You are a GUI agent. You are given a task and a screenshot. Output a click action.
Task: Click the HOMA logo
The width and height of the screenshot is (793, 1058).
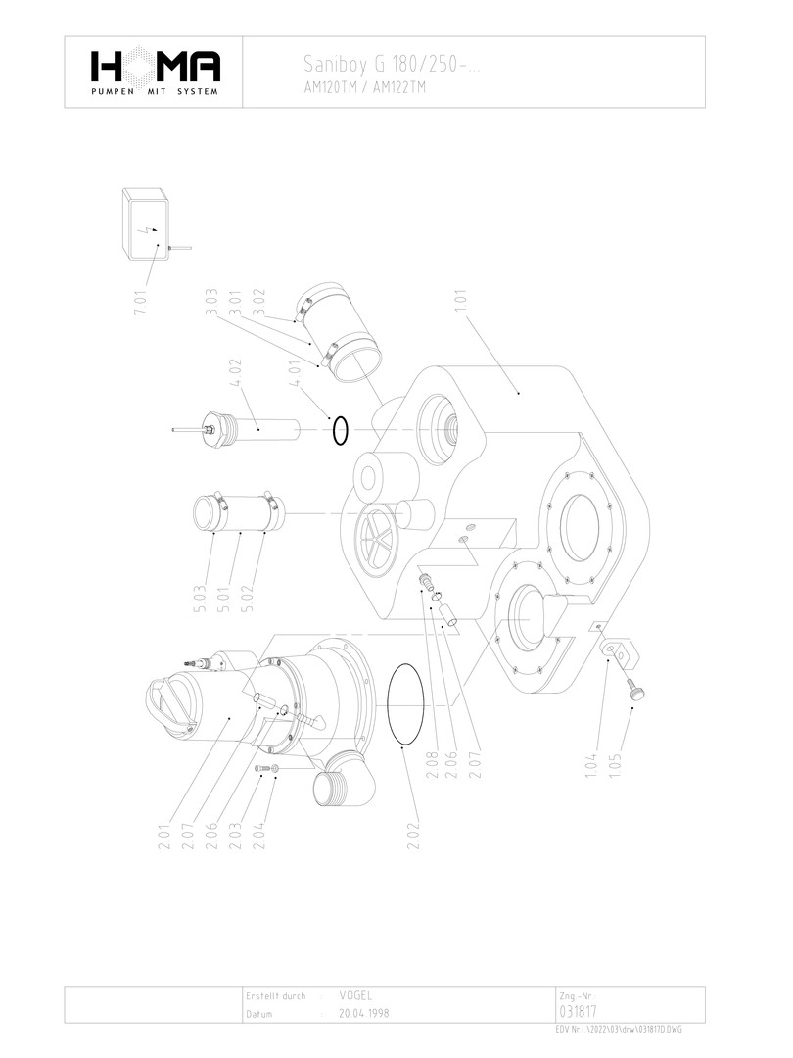pos(155,72)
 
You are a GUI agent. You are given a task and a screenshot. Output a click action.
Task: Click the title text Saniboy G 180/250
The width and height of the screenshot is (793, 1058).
pos(385,64)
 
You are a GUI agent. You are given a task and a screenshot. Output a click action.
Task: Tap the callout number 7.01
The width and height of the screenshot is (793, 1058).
pos(140,302)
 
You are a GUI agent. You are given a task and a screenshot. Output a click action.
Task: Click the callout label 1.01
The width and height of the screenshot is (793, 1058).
pos(461,301)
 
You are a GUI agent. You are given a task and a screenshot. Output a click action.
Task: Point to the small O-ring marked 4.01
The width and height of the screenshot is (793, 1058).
pos(340,431)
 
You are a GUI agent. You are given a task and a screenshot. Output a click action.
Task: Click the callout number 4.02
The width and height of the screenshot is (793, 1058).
pos(236,372)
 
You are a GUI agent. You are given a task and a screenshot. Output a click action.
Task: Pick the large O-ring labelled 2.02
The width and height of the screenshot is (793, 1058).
pos(406,705)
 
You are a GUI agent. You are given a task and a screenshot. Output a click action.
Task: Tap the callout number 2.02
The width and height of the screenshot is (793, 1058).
pos(414,836)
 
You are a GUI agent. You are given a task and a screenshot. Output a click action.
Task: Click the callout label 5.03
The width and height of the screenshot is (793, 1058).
pos(201,600)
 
